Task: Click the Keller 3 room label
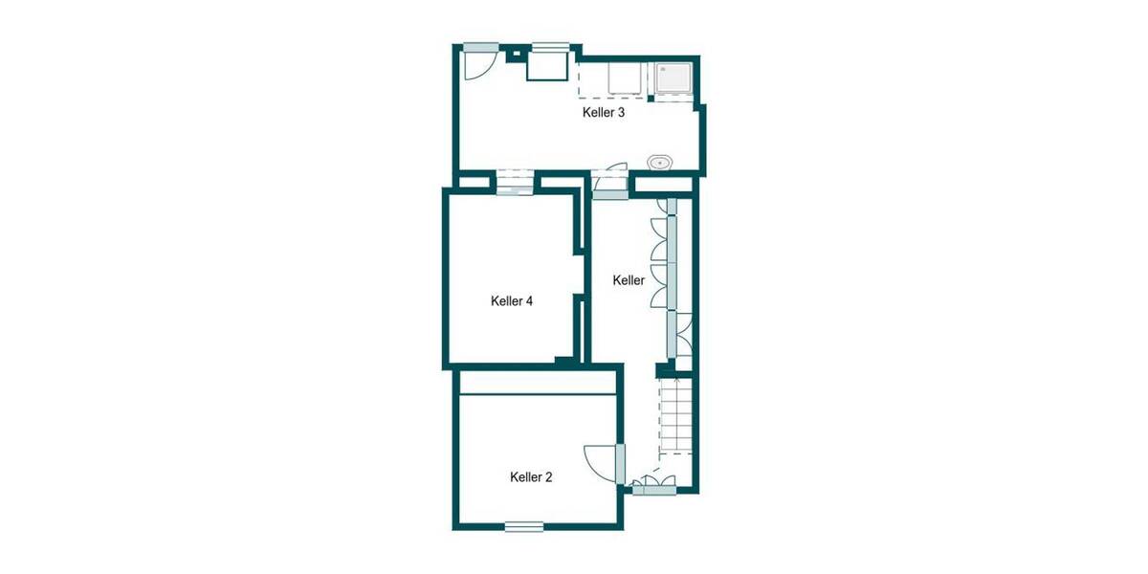click(604, 112)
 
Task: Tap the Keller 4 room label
click(511, 300)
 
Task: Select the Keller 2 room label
click(531, 476)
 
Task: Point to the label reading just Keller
click(629, 280)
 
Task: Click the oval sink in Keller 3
click(660, 163)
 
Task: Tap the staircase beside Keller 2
click(675, 416)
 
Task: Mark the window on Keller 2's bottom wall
click(524, 525)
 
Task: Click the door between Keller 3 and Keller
click(609, 182)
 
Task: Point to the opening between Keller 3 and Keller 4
click(515, 182)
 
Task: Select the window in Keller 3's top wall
click(551, 46)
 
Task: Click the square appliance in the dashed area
click(623, 80)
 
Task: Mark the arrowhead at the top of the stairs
click(675, 381)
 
